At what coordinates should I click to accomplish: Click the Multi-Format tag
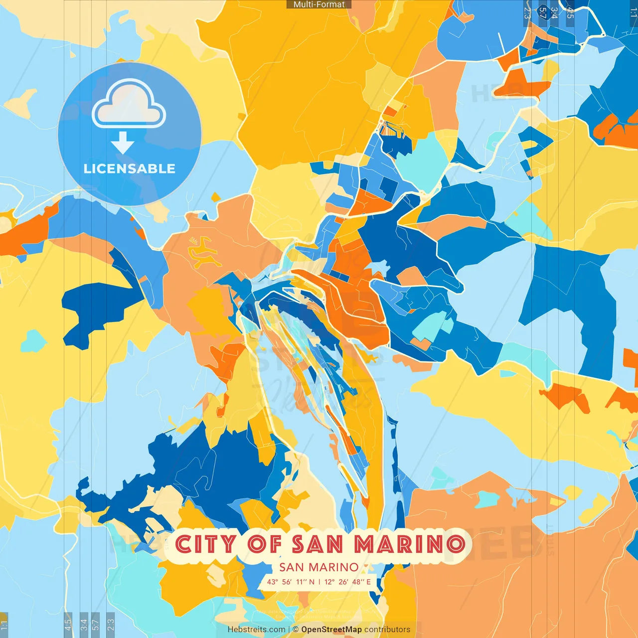tap(319, 4)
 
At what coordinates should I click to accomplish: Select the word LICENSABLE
tap(130, 169)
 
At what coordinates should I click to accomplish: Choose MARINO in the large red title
tap(410, 544)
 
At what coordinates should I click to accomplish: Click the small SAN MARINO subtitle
tap(319, 567)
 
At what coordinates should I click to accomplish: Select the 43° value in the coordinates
tap(273, 582)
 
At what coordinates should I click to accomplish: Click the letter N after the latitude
tap(312, 582)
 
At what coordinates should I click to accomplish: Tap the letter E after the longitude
tap(368, 582)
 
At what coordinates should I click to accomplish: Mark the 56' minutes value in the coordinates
tap(287, 582)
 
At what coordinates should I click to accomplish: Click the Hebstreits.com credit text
tap(256, 630)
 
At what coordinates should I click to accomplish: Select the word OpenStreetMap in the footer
tap(331, 630)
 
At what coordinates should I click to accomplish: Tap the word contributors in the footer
tap(387, 630)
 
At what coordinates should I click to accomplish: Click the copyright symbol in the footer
tap(296, 630)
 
